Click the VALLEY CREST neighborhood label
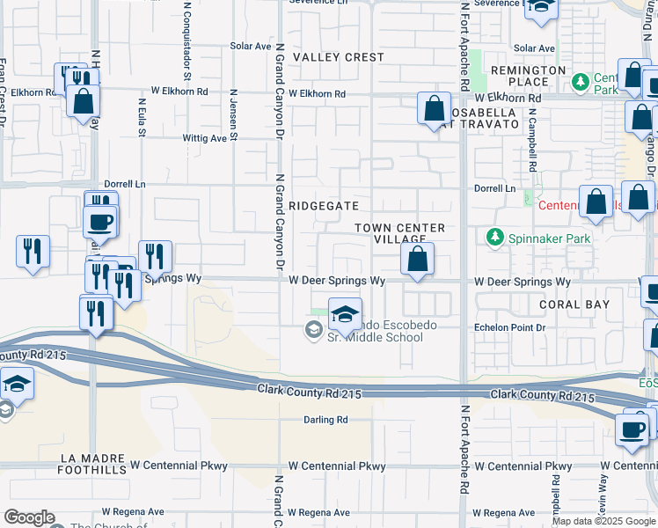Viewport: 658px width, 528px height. click(339, 57)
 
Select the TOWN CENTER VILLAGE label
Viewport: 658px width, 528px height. click(400, 233)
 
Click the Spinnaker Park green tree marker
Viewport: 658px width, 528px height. click(495, 238)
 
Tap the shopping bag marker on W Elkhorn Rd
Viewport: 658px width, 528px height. click(435, 110)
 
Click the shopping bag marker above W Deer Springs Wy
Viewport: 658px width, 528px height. click(417, 260)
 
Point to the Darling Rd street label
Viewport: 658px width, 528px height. click(325, 420)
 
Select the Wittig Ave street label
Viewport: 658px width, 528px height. click(204, 138)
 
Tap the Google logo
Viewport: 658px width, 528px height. click(29, 518)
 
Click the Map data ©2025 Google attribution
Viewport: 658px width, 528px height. click(603, 521)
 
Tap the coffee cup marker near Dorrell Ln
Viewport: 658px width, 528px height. click(100, 221)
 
